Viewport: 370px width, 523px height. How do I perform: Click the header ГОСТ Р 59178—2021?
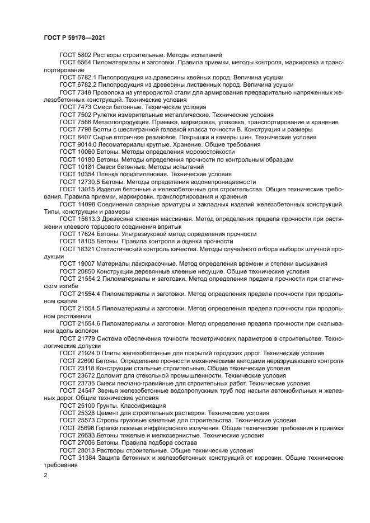tap(74, 37)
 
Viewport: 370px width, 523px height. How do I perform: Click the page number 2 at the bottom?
tap(45, 475)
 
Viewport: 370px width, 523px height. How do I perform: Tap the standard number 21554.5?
tap(88, 308)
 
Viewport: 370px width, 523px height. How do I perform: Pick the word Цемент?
tap(108, 413)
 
